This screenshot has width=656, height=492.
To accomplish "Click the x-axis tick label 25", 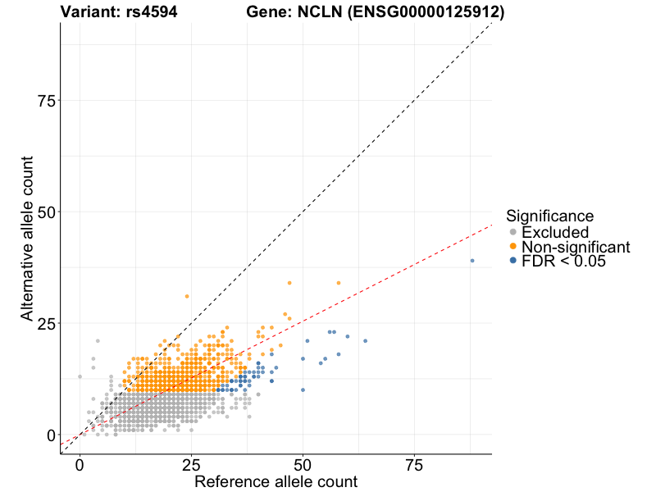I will click(x=191, y=465).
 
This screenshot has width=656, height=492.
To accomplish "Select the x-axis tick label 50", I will click(x=303, y=465).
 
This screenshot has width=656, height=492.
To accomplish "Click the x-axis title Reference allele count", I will click(x=276, y=481).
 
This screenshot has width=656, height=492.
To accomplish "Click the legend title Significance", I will click(x=549, y=216).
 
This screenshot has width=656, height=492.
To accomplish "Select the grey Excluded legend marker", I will click(x=513, y=232).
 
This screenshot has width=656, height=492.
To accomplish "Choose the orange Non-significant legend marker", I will click(x=513, y=247).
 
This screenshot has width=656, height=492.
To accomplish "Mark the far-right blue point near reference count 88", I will click(x=472, y=261).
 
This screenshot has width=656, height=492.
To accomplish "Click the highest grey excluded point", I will click(x=98, y=341).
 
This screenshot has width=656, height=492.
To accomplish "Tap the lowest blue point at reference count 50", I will click(x=303, y=389).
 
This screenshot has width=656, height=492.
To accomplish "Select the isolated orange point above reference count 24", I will click(x=187, y=296).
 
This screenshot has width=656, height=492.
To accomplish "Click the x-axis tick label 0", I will click(x=80, y=465).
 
